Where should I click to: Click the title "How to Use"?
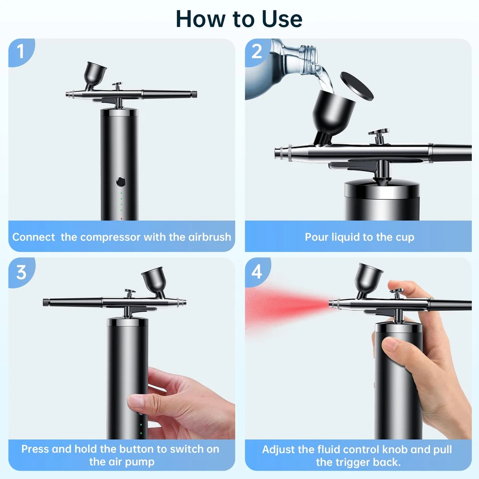tap(239, 19)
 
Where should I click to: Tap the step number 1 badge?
tap(21, 51)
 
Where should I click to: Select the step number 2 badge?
tap(257, 51)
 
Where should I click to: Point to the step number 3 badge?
tap(21, 272)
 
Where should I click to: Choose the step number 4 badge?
tap(257, 271)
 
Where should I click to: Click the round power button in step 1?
tap(121, 182)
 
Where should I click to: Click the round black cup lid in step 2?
tap(357, 87)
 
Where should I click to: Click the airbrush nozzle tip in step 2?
tap(278, 152)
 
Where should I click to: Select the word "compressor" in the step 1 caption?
tap(110, 237)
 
